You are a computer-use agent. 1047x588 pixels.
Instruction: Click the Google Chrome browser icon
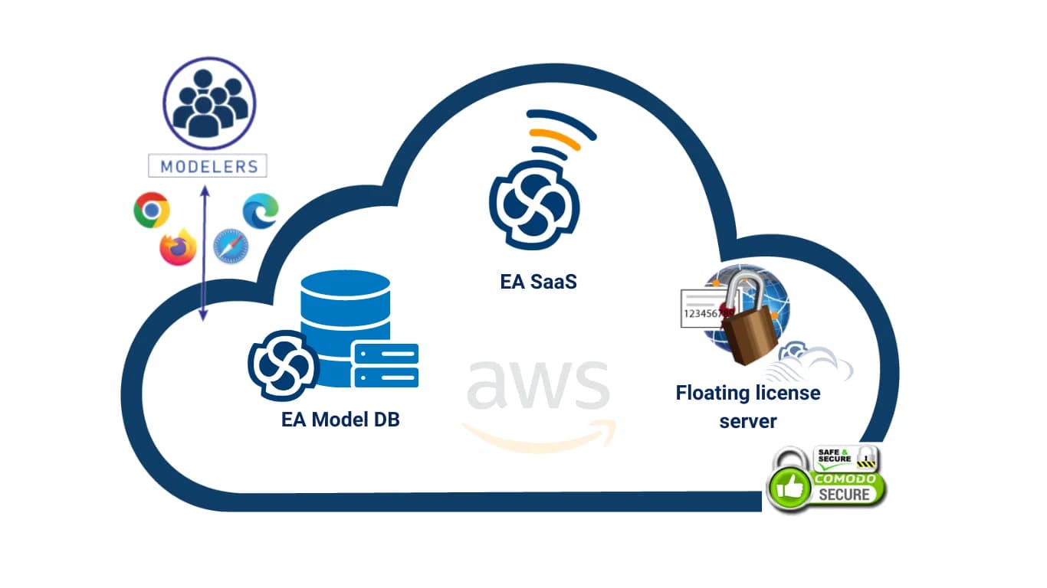point(152,210)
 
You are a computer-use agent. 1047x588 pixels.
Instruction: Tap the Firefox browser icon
point(178,247)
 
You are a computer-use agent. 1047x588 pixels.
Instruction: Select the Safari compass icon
point(231,247)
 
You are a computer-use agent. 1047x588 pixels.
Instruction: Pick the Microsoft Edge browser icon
point(261,211)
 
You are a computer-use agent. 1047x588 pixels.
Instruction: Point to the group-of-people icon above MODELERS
point(209,103)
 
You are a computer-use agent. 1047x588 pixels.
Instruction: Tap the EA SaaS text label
point(538,281)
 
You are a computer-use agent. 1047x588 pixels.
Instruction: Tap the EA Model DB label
point(340,420)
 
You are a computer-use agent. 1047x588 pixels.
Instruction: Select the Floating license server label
point(747,407)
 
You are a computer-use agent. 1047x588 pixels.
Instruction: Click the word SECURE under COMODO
point(844,495)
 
